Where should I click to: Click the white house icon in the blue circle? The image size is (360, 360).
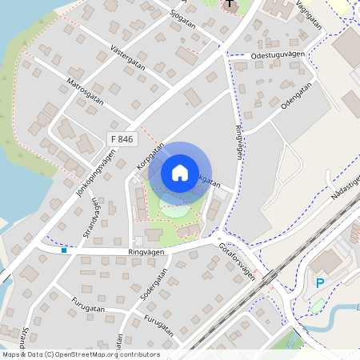pyautogui.click(x=180, y=173)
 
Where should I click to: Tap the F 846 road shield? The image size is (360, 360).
pyautogui.click(x=122, y=139)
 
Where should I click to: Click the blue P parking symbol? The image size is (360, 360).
pyautogui.click(x=320, y=282)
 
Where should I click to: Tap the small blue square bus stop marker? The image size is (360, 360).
pyautogui.click(x=64, y=250)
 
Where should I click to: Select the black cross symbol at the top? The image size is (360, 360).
pyautogui.click(x=230, y=5)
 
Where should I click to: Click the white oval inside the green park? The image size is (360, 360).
pyautogui.click(x=175, y=210)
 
